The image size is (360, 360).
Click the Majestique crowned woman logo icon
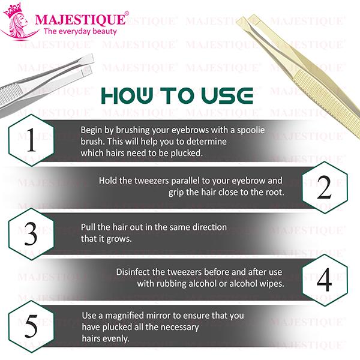coord(20,22)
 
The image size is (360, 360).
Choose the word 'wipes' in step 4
coord(270,284)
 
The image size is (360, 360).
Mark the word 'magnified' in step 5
coord(128,316)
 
